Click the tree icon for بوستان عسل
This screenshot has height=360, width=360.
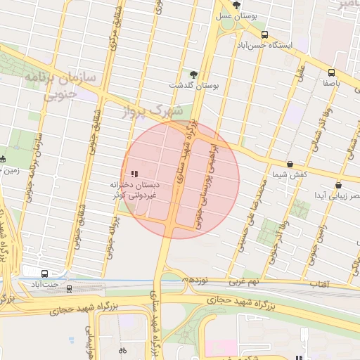pyautogui.click(x=237, y=5)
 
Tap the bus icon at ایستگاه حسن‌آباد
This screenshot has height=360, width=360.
pyautogui.click(x=264, y=34)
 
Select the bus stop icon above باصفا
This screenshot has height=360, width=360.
pyautogui.click(x=331, y=72)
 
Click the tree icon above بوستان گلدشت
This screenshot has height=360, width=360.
pyautogui.click(x=194, y=74)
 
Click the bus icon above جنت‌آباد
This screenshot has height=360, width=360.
pyautogui.click(x=46, y=273)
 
